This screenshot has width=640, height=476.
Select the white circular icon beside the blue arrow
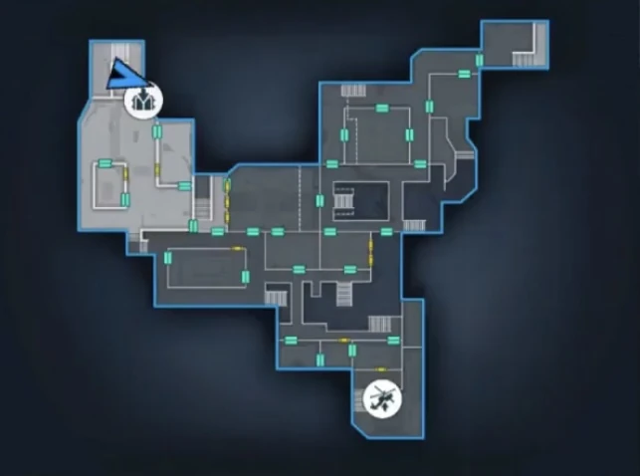[x=142, y=100]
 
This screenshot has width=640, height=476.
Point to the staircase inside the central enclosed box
[x=344, y=202]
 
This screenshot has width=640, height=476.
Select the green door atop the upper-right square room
[x=379, y=105]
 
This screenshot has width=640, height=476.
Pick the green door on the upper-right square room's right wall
[x=408, y=134]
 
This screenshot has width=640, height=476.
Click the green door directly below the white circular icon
[x=156, y=130]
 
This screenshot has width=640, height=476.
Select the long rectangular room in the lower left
[x=205, y=266]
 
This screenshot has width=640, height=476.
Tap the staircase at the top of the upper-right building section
[x=353, y=91]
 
